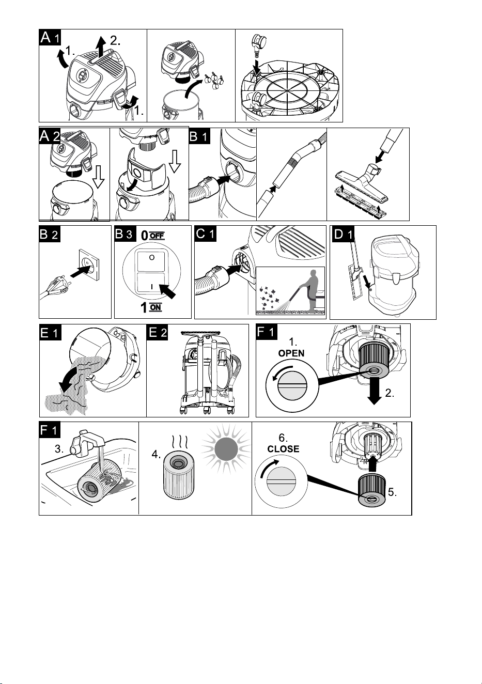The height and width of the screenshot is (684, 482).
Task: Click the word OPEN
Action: [291, 353]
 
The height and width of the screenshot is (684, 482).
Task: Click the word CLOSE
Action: [283, 449]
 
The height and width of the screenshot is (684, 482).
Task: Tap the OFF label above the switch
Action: [157, 236]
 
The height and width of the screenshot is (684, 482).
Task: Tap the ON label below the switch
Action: [156, 307]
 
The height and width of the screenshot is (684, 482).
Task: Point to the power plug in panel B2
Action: [56, 286]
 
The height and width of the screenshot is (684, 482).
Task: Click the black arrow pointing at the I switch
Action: [167, 291]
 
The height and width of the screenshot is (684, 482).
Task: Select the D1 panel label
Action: [343, 234]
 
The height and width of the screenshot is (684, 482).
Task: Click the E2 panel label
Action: [157, 332]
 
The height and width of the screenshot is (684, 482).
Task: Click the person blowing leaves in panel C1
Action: [311, 291]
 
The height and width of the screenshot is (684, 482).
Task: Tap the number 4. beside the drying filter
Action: [156, 455]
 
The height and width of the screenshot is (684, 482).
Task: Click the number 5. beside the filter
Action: [392, 492]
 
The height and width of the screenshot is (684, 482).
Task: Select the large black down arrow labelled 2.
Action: [374, 391]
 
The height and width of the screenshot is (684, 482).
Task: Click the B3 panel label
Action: [125, 234]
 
